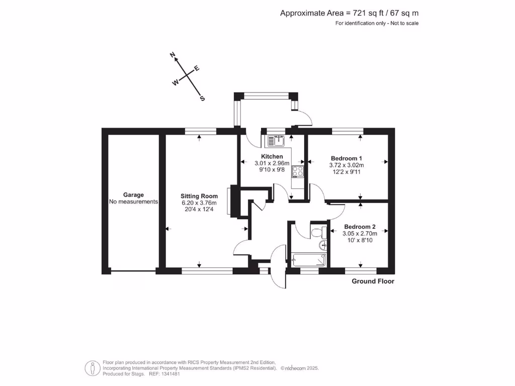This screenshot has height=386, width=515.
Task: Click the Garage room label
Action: coord(134,195)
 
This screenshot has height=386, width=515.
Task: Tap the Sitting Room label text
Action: coord(200,196)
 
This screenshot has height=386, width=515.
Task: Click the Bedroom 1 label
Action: coord(346,158)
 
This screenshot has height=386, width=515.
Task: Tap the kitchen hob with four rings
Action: coord(297,171)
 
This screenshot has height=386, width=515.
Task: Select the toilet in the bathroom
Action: coord(317,232)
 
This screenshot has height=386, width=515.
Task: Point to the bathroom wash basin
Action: coord(323,245)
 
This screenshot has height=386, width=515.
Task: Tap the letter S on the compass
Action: coord(203,99)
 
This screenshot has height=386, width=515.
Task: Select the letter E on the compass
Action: coord(197,69)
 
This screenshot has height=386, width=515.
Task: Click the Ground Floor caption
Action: coord(373,281)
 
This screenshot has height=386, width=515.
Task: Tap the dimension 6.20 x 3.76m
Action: coord(200,203)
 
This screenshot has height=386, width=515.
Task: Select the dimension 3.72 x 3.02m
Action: coord(346,165)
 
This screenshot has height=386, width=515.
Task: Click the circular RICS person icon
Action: coord(91,368)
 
